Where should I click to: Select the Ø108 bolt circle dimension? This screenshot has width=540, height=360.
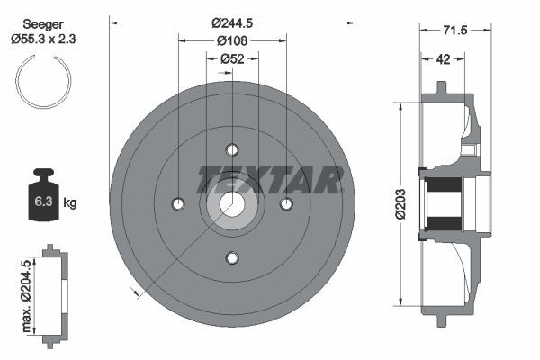click(x=232, y=40)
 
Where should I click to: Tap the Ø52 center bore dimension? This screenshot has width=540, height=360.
click(x=232, y=59)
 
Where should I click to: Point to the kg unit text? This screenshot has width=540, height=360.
click(x=70, y=203)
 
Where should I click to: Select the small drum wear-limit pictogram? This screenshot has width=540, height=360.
click(x=55, y=293)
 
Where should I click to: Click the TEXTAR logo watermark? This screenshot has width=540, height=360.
click(x=270, y=178)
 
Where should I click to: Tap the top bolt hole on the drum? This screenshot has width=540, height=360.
click(x=232, y=149)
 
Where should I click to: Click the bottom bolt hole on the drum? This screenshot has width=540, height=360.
click(x=232, y=258)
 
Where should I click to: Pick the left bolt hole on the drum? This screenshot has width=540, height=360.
click(x=178, y=203)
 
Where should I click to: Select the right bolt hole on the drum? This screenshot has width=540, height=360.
click(x=286, y=203)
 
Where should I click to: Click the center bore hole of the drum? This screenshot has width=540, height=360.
click(x=232, y=203)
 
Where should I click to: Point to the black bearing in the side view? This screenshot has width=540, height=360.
click(x=444, y=203)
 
